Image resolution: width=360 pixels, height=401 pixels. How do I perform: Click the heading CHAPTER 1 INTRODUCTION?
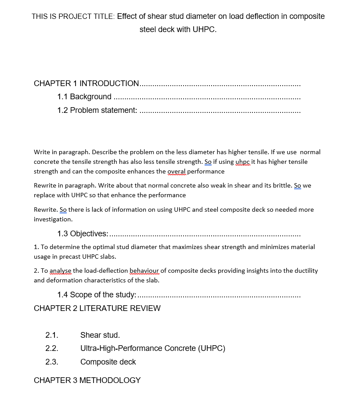tap(86, 83)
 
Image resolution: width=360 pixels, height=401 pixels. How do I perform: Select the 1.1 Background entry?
tap(84, 97)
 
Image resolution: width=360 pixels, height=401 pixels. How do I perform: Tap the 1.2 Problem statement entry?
tap(97, 110)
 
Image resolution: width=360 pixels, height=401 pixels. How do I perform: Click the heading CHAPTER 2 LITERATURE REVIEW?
tap(97, 308)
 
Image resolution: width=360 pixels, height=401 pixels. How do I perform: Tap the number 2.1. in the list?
tap(52, 335)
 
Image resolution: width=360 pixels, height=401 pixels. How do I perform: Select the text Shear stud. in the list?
tap(100, 335)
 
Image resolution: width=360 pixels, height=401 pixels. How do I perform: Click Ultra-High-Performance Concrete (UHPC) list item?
tap(153, 349)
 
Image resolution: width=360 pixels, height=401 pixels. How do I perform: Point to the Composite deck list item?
tap(108, 362)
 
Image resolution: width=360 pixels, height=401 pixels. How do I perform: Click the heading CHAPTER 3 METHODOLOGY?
tap(87, 380)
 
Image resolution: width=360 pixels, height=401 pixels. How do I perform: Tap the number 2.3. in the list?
tap(52, 362)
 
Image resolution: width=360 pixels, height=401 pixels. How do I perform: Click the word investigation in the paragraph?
tap(52, 219)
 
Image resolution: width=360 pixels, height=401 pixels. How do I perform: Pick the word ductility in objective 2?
tap(305, 271)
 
